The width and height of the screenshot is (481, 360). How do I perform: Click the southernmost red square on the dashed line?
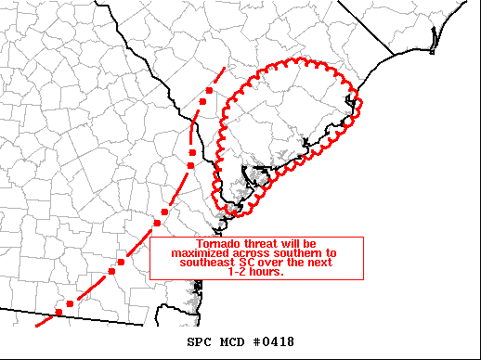pos(58,312)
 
